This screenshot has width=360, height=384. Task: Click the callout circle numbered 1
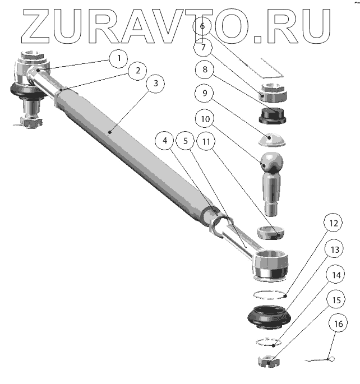[x=118, y=57]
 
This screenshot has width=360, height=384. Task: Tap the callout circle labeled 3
[x=155, y=84]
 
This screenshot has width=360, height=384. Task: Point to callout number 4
[x=165, y=142]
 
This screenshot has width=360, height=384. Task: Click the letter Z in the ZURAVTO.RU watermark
[x=37, y=26]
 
